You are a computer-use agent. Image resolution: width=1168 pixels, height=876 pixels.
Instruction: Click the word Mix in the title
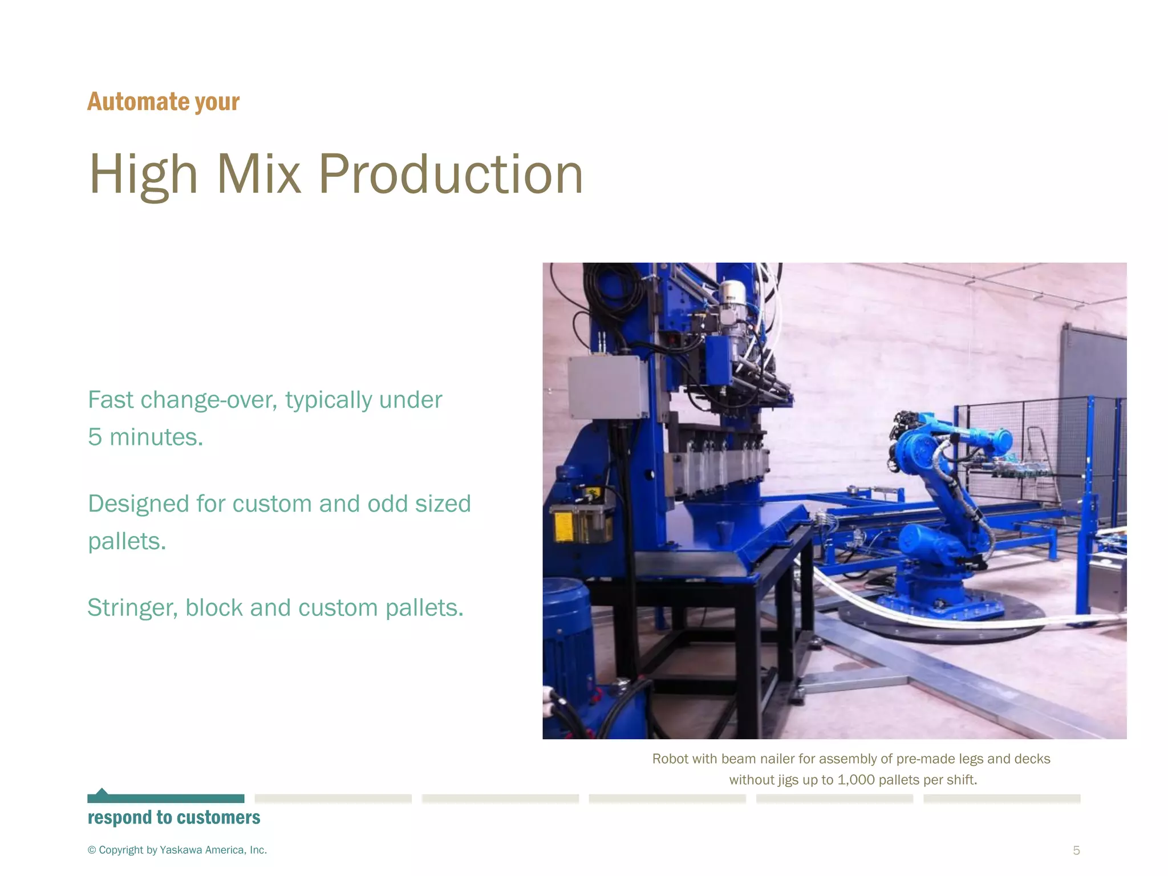click(258, 174)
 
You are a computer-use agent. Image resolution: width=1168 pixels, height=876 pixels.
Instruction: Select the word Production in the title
click(451, 174)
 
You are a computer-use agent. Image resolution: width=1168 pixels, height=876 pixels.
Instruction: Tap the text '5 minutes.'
click(145, 437)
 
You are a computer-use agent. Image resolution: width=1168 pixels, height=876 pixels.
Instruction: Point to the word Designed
click(138, 504)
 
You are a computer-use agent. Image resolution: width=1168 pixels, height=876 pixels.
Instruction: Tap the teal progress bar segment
click(165, 798)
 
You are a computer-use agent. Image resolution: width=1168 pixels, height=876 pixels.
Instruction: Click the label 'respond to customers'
click(174, 818)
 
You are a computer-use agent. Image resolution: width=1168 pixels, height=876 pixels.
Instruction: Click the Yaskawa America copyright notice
click(177, 850)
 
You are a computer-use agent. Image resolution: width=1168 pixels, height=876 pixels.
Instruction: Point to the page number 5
click(1076, 850)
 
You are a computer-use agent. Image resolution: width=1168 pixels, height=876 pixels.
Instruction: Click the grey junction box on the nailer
click(606, 387)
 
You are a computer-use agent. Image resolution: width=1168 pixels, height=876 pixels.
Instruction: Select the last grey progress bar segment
click(1001, 798)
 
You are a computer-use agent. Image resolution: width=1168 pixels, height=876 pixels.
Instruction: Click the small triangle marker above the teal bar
click(102, 791)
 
